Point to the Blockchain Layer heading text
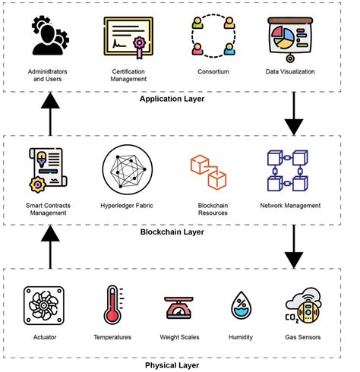coord(174,234)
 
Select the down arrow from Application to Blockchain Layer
coord(292,116)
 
